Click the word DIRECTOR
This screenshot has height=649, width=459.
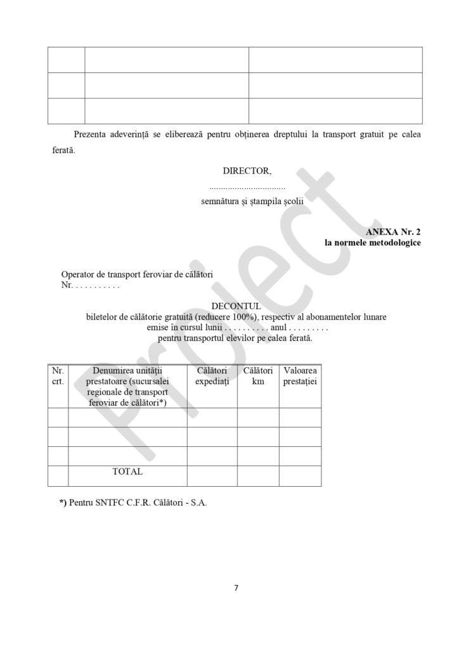pos(246,170)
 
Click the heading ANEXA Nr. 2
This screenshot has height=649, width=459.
pos(393,232)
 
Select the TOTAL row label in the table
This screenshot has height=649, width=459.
pos(127,472)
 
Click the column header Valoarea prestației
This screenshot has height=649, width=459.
pos(300,376)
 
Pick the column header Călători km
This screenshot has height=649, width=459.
pos(258,376)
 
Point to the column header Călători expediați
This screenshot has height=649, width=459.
pos(212,376)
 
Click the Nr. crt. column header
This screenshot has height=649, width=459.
pos(58,376)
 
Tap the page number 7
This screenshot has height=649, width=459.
pos(236,588)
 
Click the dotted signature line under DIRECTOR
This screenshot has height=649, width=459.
pos(247,188)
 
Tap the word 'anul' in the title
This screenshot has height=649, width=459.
pos(279,328)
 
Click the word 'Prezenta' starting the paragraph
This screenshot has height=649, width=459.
pos(93,134)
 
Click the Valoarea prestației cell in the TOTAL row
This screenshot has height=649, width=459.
pos(300,476)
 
